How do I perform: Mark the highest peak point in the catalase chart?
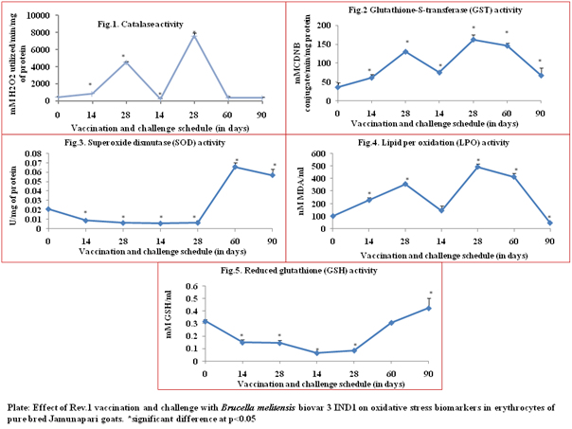pyautogui.click(x=194, y=35)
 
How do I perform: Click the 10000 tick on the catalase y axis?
pyautogui.click(x=38, y=16)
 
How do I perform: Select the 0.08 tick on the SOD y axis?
pyautogui.click(x=30, y=152)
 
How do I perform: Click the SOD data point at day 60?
pyautogui.click(x=235, y=167)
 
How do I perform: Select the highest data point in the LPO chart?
pyautogui.click(x=478, y=167)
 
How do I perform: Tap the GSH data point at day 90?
pyautogui.click(x=430, y=308)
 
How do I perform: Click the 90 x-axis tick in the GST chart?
pyautogui.click(x=541, y=112)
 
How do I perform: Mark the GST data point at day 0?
pyautogui.click(x=339, y=87)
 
